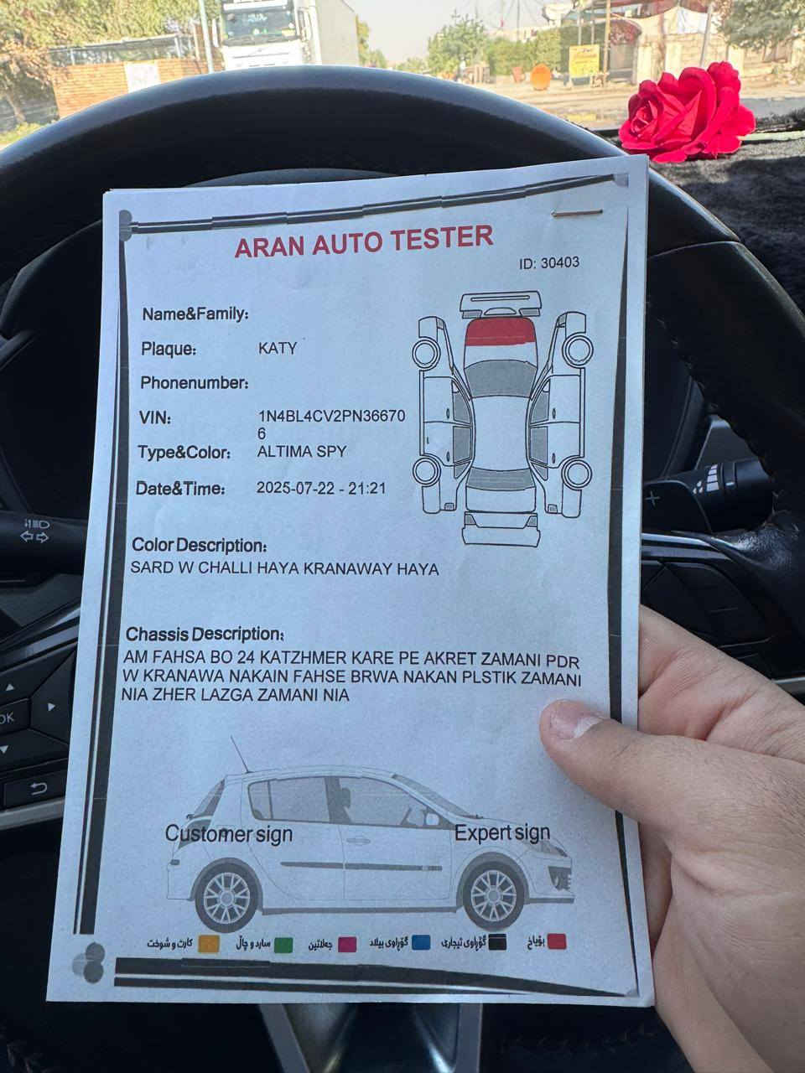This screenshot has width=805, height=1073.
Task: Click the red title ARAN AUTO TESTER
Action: pyautogui.click(x=364, y=241)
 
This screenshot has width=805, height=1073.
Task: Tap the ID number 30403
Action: pyautogui.click(x=560, y=262)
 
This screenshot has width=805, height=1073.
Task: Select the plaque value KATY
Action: pyautogui.click(x=278, y=348)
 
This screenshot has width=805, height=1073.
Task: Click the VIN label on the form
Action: pyautogui.click(x=155, y=417)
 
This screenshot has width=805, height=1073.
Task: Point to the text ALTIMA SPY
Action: pyautogui.click(x=302, y=451)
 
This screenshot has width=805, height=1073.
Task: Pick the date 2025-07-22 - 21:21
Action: pyautogui.click(x=321, y=488)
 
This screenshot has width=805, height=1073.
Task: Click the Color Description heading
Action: pyautogui.click(x=200, y=545)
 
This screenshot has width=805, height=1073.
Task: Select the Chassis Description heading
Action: pyautogui.click(x=205, y=635)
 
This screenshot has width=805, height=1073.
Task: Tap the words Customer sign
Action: pyautogui.click(x=229, y=833)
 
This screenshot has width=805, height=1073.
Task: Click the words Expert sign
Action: pyautogui.click(x=502, y=832)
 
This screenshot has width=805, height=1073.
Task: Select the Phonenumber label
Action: pyautogui.click(x=195, y=383)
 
